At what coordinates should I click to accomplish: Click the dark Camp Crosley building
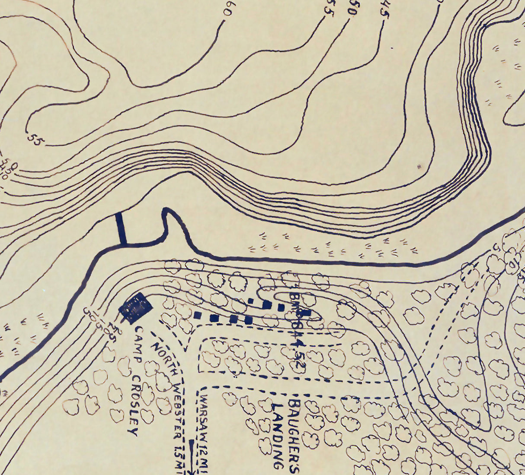click(x=136, y=307)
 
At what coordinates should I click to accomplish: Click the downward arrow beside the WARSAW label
click(x=192, y=456)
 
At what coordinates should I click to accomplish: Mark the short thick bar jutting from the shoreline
click(x=121, y=229)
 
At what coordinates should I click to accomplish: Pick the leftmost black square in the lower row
click(x=198, y=315)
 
